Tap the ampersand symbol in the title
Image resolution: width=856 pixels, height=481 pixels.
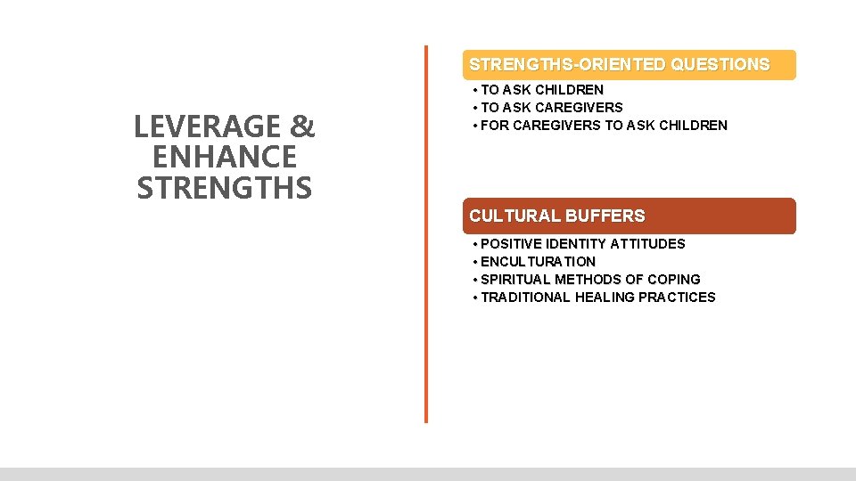coord(303,127)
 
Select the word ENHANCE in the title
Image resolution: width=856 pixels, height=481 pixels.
coord(225,158)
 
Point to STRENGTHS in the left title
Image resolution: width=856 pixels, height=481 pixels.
coord(225,188)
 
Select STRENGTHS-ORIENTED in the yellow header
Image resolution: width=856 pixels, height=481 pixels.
coord(568,64)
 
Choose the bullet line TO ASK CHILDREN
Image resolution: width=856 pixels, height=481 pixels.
coord(541,90)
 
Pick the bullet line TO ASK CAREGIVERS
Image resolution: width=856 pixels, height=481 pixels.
coord(551,108)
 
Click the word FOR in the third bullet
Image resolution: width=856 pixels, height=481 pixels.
coord(495,126)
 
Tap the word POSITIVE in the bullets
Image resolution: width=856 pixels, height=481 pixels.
coord(511,244)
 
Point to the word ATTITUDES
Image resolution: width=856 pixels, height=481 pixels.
coord(648,244)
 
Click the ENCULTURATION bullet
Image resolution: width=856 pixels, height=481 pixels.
coord(538,262)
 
